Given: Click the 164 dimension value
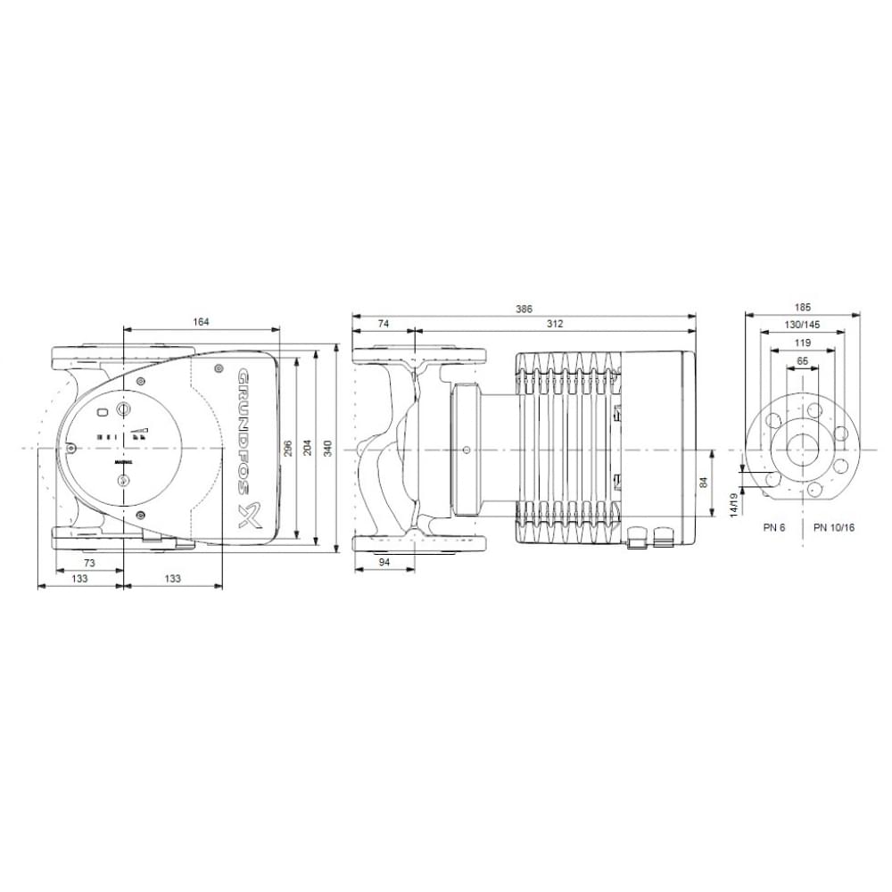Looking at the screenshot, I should coord(201,322).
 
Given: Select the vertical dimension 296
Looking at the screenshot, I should coord(287,448).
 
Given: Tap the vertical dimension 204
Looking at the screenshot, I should coord(307,448).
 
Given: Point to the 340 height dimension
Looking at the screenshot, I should coord(327,448).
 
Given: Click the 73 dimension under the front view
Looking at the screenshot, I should coord(90,564).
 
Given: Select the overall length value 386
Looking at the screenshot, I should coord(524,309).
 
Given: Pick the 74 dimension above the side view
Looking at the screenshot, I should coord(384,325).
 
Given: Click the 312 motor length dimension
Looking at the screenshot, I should coord(555,325).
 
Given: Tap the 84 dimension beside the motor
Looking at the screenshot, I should coord(704,483).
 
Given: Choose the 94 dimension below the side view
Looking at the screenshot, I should coord(384,564).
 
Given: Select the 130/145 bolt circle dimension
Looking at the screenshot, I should coord(802,326).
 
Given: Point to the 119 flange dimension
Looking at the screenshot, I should coord(802,343).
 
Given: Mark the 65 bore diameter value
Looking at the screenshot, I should coord(802,360).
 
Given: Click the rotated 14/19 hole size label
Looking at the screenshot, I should coord(733,504).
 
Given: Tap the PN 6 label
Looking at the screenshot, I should coord(774,527).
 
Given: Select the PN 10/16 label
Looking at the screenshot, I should coord(834,527).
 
